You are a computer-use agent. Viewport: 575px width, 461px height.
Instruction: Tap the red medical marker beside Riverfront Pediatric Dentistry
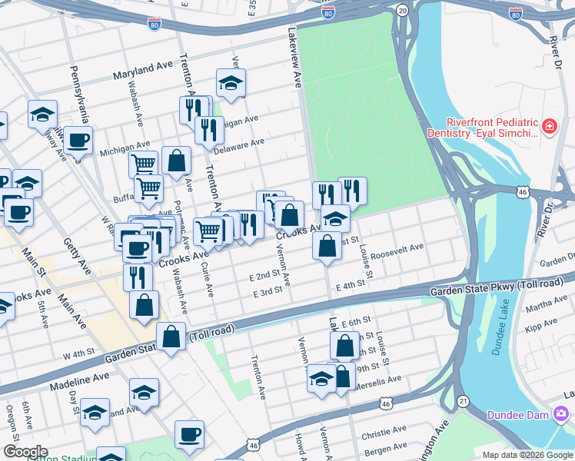click(550, 126)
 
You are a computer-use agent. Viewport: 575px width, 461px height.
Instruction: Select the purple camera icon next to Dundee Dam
click(560, 415)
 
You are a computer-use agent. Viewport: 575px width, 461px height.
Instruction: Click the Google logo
click(25, 452)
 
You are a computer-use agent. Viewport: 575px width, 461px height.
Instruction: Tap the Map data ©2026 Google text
click(527, 455)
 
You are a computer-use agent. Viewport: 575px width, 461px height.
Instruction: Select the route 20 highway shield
click(402, 9)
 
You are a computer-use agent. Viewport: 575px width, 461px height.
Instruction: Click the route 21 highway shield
click(462, 401)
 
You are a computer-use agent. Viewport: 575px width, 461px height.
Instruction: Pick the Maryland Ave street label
click(142, 75)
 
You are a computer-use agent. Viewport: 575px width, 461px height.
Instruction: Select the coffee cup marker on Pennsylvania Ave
click(78, 141)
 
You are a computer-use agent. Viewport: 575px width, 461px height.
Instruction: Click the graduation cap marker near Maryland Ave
click(230, 84)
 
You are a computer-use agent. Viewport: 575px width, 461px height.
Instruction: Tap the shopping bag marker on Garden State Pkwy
click(171, 336)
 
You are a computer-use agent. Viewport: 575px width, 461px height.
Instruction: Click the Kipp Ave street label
click(534, 328)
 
